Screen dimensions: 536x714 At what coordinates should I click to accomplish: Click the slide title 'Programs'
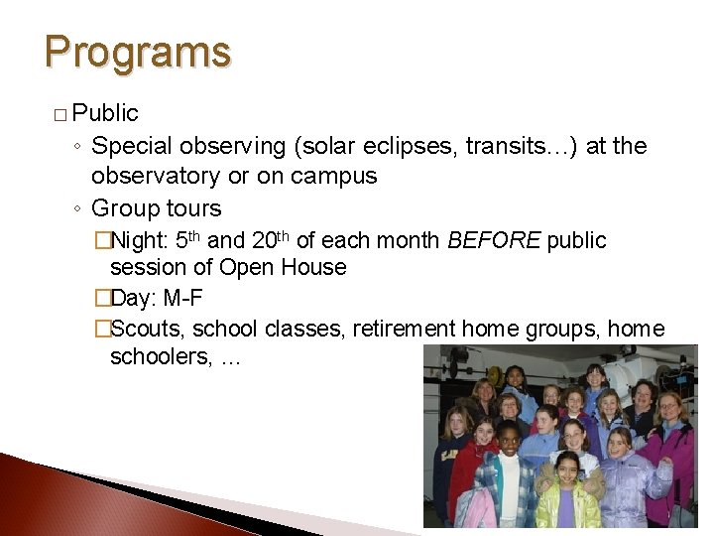138,52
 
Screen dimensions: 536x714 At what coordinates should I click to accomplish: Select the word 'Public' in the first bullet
105,113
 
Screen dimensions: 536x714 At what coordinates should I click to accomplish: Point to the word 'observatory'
155,177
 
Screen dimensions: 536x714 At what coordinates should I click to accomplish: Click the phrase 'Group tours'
156,208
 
